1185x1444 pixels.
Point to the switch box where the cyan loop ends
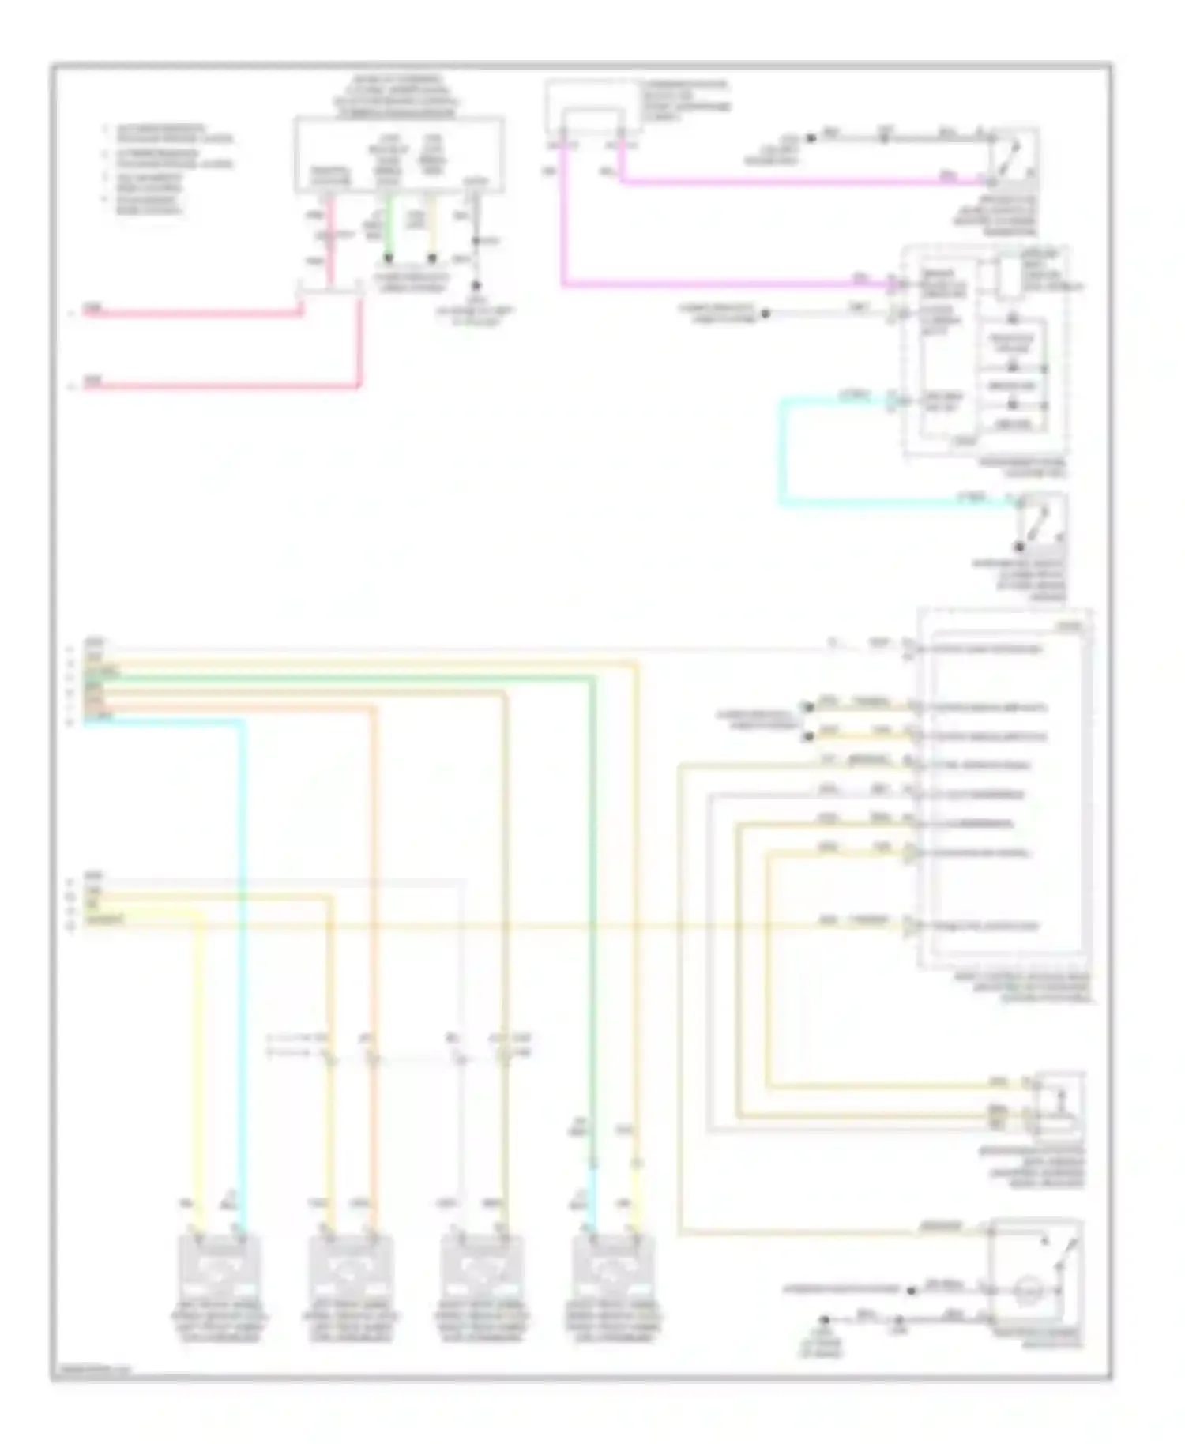tap(1041, 521)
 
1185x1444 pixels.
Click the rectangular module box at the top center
tap(399, 155)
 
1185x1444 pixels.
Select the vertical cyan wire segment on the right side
tap(783, 450)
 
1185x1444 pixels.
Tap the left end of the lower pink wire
tap(87, 386)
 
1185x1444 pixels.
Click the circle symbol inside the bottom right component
tap(1025, 1292)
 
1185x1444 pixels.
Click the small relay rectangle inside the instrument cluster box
tap(1009, 276)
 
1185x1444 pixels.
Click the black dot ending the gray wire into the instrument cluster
tap(765, 314)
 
